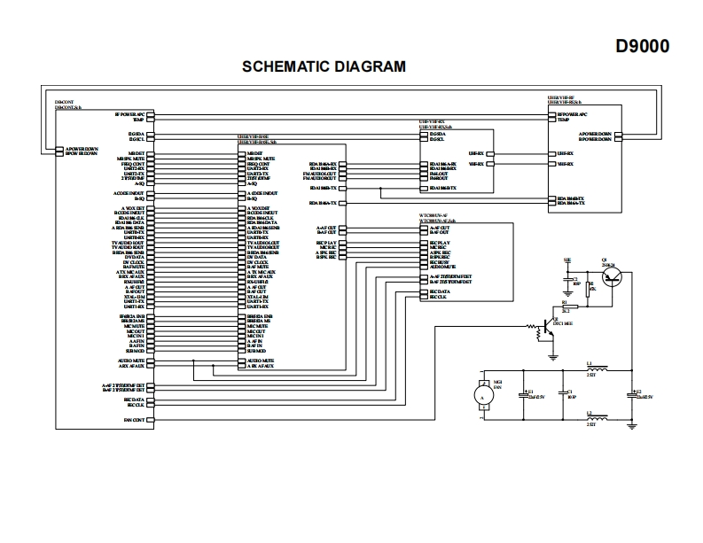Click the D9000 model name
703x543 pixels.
pos(643,46)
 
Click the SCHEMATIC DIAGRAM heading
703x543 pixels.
pos(324,66)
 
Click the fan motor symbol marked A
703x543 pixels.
pos(482,399)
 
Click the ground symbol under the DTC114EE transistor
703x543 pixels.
pos(551,355)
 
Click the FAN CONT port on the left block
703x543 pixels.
pos(134,419)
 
